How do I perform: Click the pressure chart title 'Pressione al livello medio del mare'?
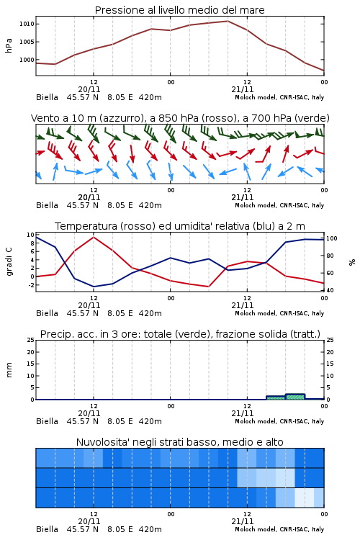(x=179, y=10)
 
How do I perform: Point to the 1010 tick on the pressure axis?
(x=27, y=24)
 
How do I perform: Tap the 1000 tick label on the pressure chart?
(x=27, y=60)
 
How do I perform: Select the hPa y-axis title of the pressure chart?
(x=9, y=45)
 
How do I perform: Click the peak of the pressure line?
(x=228, y=21)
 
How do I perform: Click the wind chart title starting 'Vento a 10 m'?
(x=180, y=118)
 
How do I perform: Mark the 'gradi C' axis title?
(x=9, y=261)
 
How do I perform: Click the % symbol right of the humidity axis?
(x=352, y=262)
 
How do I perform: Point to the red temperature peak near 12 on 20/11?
(x=94, y=237)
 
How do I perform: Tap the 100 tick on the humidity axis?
(x=331, y=238)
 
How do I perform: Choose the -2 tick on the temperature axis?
(x=31, y=285)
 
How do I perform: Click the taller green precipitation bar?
(x=295, y=397)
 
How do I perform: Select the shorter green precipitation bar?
(x=276, y=397)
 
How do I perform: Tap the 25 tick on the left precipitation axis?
(x=31, y=340)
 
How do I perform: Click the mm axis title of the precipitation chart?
(x=9, y=370)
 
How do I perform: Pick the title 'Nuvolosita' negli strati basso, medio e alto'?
(x=179, y=442)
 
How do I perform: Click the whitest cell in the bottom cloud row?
(x=305, y=498)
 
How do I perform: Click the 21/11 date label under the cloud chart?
(x=242, y=521)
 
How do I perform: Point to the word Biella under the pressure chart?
(x=48, y=97)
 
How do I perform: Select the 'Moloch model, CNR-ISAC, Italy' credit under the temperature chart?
(x=279, y=313)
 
